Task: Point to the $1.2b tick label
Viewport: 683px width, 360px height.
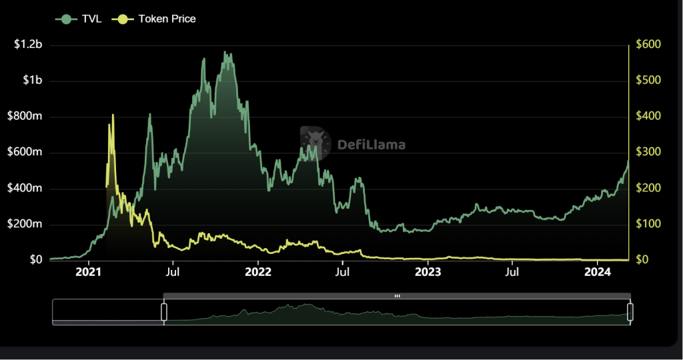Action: point(27,45)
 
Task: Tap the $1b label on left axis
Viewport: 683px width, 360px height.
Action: point(31,81)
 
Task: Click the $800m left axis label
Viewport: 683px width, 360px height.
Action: point(25,117)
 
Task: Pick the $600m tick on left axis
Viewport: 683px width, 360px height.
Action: point(25,152)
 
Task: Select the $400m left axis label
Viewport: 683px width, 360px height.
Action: point(25,188)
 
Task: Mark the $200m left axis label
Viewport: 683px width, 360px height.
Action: point(25,224)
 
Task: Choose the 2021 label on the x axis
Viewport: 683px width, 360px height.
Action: point(88,272)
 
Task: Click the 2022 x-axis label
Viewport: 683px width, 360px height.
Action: point(258,272)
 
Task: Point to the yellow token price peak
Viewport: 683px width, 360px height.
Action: point(112,115)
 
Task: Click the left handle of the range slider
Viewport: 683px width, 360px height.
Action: point(163,311)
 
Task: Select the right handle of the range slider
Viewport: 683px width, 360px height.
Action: point(630,311)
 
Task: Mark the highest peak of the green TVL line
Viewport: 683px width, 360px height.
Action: point(225,51)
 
